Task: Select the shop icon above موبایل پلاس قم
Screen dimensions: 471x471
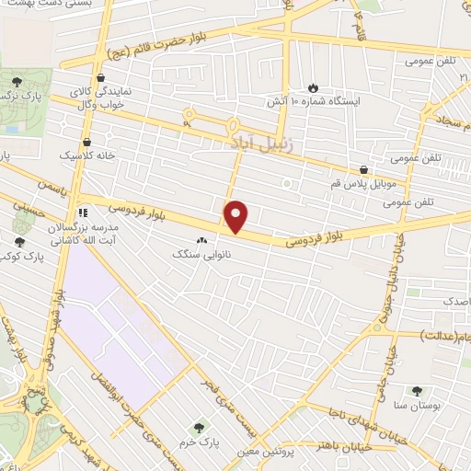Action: click(x=365, y=170)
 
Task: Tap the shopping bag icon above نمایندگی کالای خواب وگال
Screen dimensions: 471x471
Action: click(x=98, y=79)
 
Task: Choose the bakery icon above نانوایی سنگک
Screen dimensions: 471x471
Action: click(x=201, y=240)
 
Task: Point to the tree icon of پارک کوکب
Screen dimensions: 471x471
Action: click(x=19, y=242)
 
